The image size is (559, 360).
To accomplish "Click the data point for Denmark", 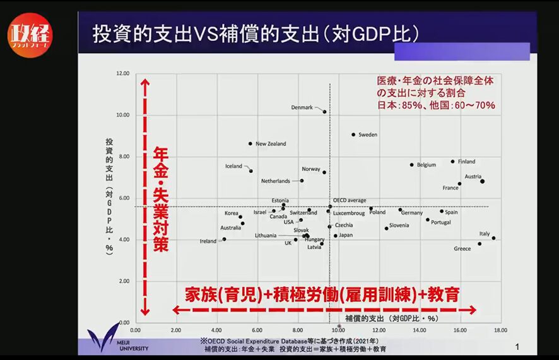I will (x=325, y=112).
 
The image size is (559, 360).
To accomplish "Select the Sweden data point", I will (x=353, y=134).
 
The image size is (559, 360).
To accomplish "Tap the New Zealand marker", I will (x=250, y=144).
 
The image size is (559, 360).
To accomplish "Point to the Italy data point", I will (x=493, y=238).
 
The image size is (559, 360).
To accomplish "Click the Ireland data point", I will (x=224, y=239).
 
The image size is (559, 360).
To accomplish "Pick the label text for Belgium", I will (x=426, y=165).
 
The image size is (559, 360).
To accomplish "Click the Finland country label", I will (x=466, y=162).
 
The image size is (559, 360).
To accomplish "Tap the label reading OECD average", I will (x=350, y=200).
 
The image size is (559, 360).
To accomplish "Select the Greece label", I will (x=462, y=249).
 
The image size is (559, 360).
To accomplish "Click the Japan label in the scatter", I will (x=346, y=235).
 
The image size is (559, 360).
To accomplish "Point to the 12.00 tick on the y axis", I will (x=122, y=74).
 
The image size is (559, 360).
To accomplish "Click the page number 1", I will (x=517, y=346).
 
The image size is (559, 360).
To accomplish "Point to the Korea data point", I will (x=240, y=217).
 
